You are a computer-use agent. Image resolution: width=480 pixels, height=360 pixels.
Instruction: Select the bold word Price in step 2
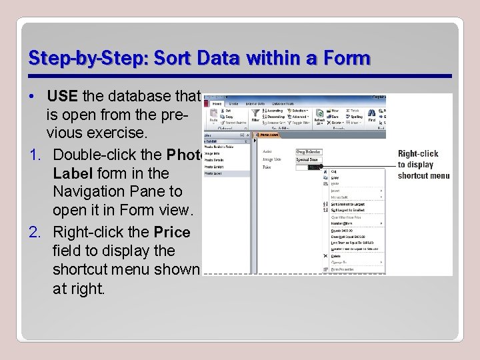point(172,232)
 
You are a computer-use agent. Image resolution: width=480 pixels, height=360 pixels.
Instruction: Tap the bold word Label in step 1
point(71,173)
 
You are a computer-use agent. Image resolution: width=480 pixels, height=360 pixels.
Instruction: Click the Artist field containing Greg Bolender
point(309,152)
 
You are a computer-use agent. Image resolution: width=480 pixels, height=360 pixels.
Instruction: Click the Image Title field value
point(309,160)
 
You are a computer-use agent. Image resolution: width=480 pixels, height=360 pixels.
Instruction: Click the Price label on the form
point(267,167)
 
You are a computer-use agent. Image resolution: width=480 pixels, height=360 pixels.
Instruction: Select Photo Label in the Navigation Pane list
point(214,173)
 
